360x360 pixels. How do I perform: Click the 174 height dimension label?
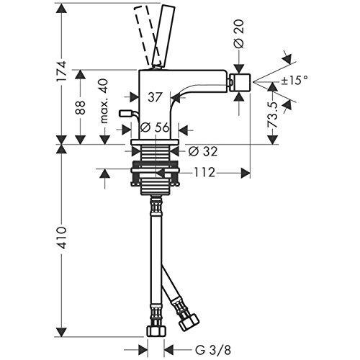coord(61,71)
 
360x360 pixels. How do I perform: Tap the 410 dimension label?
coord(61,238)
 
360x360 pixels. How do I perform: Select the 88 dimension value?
coord(81,107)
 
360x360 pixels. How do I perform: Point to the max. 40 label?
coord(104,102)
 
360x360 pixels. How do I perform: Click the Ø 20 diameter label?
coord(239,34)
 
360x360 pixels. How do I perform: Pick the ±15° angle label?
coord(294,80)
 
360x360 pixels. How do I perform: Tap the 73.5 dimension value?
coord(273,114)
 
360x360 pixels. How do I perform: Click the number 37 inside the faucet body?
coord(155,97)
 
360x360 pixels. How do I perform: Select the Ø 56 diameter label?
coord(155,127)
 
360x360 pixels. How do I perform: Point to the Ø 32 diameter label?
coord(203,151)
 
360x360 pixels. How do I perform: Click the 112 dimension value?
coord(204,173)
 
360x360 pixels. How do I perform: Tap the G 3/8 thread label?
coord(213,350)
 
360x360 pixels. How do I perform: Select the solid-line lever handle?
coord(163,35)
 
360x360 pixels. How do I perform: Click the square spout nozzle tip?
coord(240,83)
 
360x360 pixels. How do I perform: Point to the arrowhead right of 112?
coord(246,173)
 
